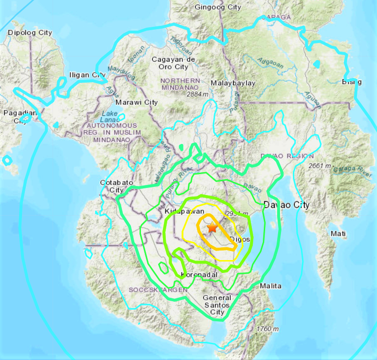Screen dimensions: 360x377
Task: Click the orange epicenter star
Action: coord(212,228)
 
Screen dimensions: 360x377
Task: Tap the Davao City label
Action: coord(286,205)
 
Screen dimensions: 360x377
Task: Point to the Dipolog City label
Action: coord(30,33)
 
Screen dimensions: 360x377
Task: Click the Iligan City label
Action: coord(87,75)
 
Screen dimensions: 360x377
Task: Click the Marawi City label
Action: coord(138,102)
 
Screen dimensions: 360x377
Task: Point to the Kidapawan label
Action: coord(184,211)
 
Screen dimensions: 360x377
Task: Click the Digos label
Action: coord(239,239)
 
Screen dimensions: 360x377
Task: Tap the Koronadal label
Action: coord(200,275)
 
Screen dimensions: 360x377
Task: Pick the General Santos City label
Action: coord(217,305)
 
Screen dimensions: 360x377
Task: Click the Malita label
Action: coord(270,286)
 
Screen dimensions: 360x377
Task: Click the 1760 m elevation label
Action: coord(267,329)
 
